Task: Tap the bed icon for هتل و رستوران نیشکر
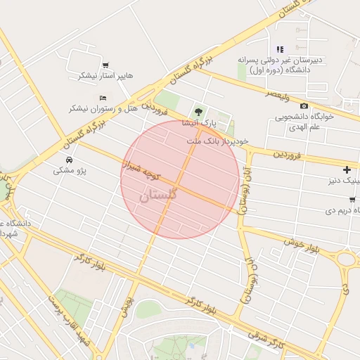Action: (x=103, y=98)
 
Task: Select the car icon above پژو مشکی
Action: (x=68, y=160)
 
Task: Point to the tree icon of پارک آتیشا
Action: (x=199, y=112)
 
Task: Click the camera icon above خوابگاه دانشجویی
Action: (x=304, y=106)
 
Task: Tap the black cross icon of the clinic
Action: (x=347, y=169)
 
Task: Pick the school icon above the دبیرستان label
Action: (x=280, y=49)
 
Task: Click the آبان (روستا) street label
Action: (x=246, y=181)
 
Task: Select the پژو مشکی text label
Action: (x=68, y=171)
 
